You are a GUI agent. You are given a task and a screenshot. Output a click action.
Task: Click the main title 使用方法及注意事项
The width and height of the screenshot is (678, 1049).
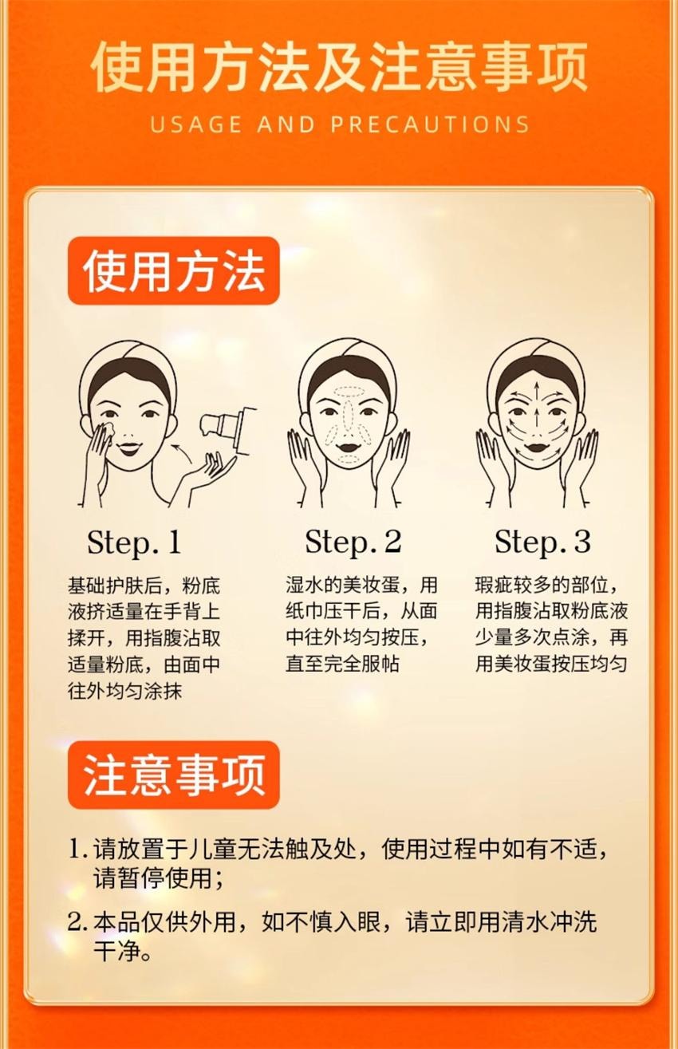(339, 67)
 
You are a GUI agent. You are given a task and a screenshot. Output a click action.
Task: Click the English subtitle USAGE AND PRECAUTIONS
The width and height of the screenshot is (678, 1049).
(339, 124)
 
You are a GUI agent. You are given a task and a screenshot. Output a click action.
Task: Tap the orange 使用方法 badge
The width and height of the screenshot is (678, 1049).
(174, 271)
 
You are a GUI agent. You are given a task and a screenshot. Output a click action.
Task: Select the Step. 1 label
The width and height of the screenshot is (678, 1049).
(134, 542)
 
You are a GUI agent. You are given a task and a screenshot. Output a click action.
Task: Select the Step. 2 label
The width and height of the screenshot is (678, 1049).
(353, 542)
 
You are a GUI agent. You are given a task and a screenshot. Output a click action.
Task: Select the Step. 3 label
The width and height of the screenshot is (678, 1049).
(542, 542)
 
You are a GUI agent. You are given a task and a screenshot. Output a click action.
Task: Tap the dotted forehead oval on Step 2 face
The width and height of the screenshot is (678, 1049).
(348, 394)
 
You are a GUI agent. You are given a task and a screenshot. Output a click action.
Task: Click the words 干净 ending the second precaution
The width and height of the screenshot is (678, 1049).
(112, 952)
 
